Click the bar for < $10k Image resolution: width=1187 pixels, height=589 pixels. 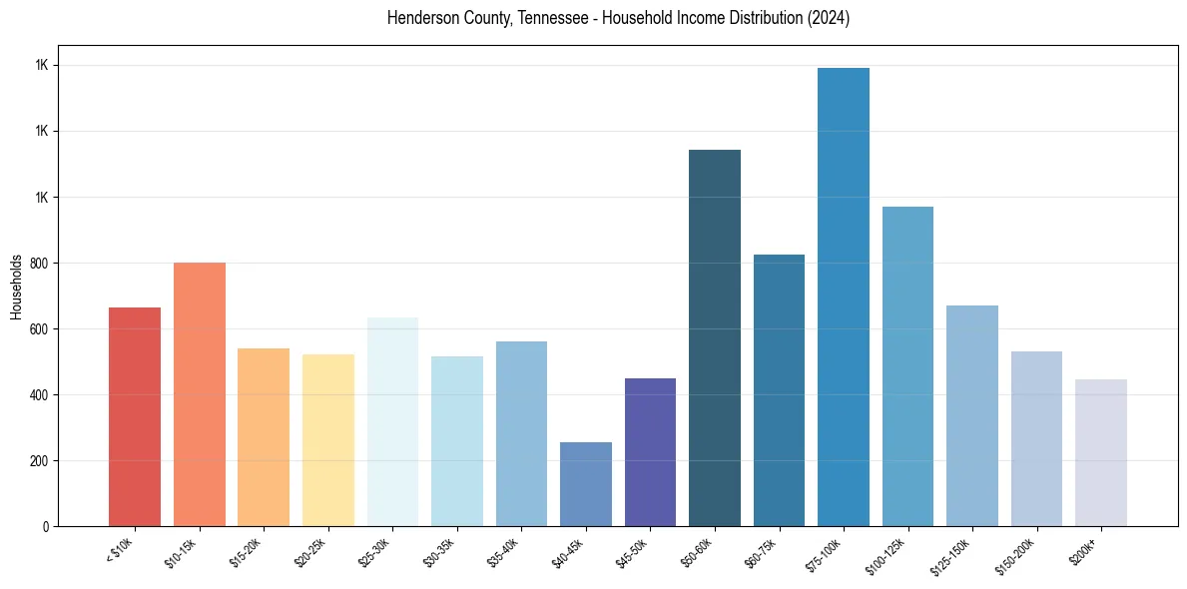tap(135, 416)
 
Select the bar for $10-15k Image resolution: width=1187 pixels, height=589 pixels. tap(200, 394)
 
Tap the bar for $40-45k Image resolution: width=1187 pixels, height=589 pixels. tap(586, 484)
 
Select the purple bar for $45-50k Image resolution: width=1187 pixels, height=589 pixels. tap(650, 452)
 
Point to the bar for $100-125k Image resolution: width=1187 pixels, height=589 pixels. tap(907, 366)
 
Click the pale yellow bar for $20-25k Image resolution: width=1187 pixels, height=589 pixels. tap(328, 440)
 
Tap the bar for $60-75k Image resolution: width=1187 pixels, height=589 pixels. tap(779, 390)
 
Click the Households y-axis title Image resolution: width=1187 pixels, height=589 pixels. tap(17, 287)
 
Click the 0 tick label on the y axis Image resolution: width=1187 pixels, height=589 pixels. tap(47, 527)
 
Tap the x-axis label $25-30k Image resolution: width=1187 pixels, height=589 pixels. tap(373, 552)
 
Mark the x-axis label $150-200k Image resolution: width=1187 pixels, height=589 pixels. tap(1013, 555)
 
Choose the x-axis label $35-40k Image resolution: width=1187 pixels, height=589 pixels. tap(502, 552)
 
